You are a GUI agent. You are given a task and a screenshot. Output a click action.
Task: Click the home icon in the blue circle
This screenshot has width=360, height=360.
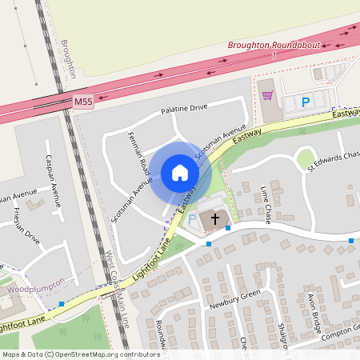(180, 173)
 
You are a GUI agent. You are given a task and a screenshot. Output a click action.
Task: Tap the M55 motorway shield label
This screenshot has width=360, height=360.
(83, 102)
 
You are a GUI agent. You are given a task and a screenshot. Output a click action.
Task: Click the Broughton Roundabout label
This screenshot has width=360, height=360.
(274, 46)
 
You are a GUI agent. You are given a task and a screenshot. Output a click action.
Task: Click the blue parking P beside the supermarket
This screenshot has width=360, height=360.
(305, 102)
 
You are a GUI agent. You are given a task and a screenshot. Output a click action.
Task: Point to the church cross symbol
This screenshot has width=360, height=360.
(214, 218)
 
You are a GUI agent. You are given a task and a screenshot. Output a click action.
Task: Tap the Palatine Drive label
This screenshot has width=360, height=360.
(184, 107)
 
